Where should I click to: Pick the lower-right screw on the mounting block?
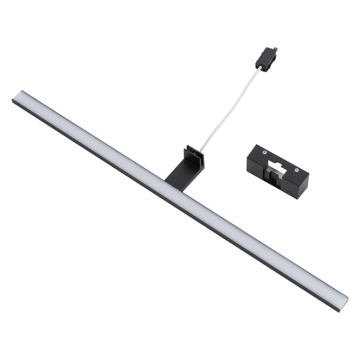[x=296, y=170]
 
